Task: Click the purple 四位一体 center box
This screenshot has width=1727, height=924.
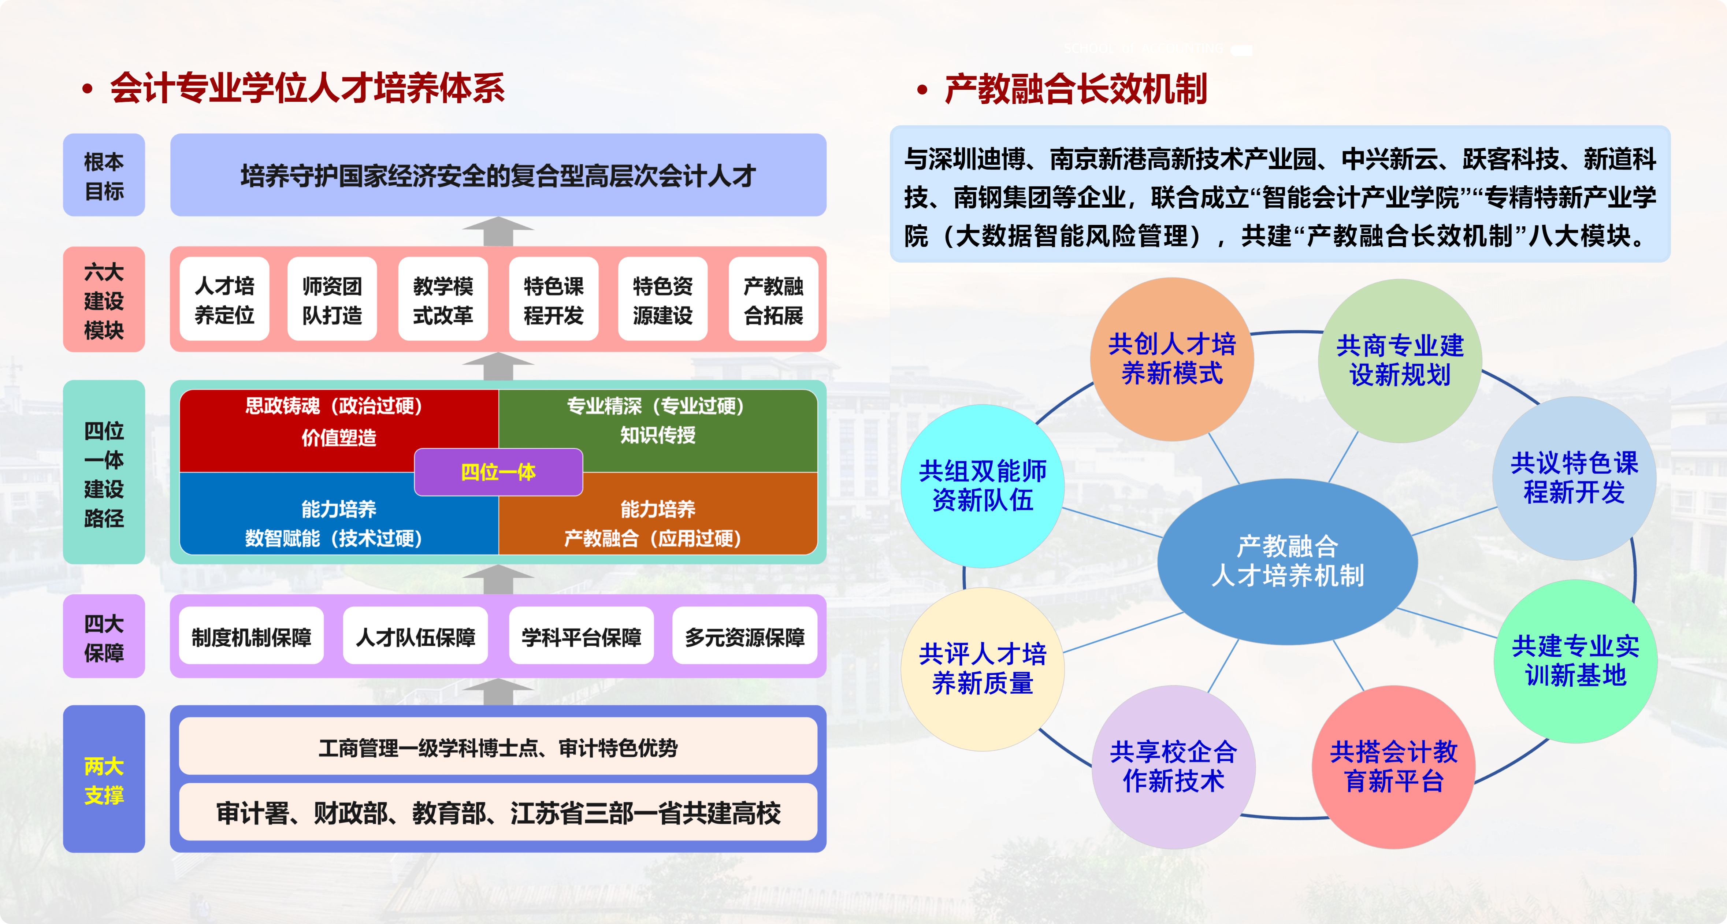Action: (x=498, y=472)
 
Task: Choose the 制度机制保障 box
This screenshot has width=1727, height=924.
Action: (x=252, y=637)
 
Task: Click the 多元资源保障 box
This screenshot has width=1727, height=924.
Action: (x=744, y=637)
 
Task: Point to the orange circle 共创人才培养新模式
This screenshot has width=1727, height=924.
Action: (x=1172, y=359)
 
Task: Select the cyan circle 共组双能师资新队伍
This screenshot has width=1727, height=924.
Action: (x=982, y=486)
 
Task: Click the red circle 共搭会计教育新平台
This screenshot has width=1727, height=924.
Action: (x=1393, y=767)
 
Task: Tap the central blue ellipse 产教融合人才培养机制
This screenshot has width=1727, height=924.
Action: (x=1287, y=561)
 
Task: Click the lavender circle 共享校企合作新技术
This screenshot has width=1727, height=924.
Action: (x=1173, y=767)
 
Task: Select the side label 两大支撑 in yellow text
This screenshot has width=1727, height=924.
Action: (x=104, y=780)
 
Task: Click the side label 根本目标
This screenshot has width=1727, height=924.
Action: (x=104, y=176)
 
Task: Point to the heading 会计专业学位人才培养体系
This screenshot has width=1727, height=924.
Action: (x=307, y=89)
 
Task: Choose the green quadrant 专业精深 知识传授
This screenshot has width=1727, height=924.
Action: (x=657, y=421)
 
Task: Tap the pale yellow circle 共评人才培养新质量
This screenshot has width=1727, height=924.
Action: (x=982, y=668)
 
